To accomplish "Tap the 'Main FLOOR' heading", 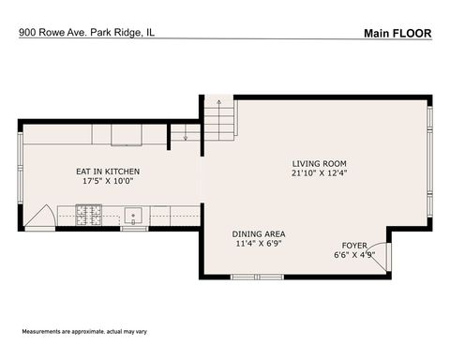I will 397,33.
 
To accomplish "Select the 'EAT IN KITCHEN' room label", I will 108,172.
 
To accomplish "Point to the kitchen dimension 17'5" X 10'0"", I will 108,182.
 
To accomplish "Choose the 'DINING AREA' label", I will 259,233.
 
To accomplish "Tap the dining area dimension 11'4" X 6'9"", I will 259,244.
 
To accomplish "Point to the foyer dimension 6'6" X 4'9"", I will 354,254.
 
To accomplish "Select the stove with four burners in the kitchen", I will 91,217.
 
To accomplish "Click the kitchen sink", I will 134,217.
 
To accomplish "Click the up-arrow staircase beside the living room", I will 218,119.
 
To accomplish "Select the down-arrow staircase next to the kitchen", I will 185,135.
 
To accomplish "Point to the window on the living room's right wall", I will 429,164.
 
